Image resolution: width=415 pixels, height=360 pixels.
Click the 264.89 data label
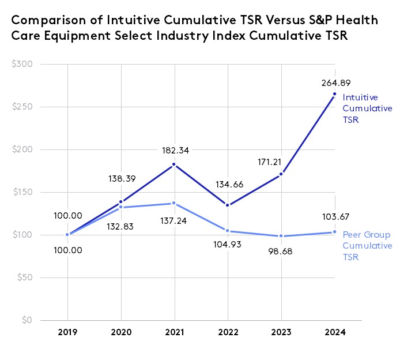click(334, 82)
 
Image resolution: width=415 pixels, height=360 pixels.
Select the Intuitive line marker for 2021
click(174, 165)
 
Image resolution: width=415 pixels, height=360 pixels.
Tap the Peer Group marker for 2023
click(281, 236)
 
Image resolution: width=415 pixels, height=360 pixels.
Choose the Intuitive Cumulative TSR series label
click(367, 108)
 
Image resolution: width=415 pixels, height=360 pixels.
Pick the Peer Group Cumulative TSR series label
click(367, 246)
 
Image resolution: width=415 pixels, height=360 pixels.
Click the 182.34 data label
click(174, 151)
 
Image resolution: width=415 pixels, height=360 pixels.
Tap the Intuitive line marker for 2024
click(334, 94)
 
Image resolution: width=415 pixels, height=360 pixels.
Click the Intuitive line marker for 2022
click(228, 205)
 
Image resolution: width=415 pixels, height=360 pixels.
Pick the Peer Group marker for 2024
click(334, 232)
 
